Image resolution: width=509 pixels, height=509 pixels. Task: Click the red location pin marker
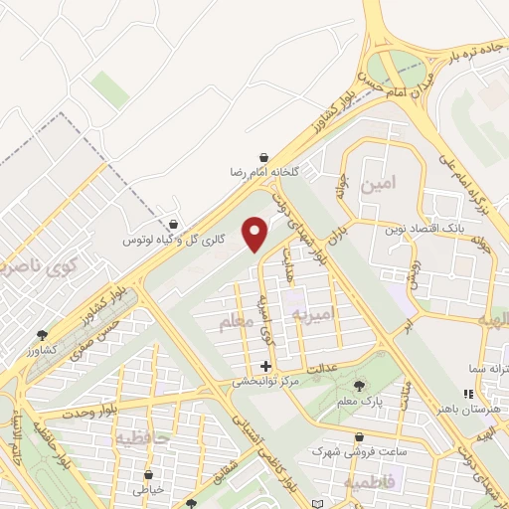pos(256,235)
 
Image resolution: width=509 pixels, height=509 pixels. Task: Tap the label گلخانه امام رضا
pos(262,172)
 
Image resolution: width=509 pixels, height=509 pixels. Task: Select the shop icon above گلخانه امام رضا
pos(262,157)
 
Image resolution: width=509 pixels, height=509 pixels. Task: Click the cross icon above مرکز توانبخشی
pos(265,366)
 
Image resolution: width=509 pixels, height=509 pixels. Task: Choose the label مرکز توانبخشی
pos(265,381)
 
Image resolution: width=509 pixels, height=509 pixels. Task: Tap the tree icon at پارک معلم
pos(360,386)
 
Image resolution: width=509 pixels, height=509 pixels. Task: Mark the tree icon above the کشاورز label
pos(41,336)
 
